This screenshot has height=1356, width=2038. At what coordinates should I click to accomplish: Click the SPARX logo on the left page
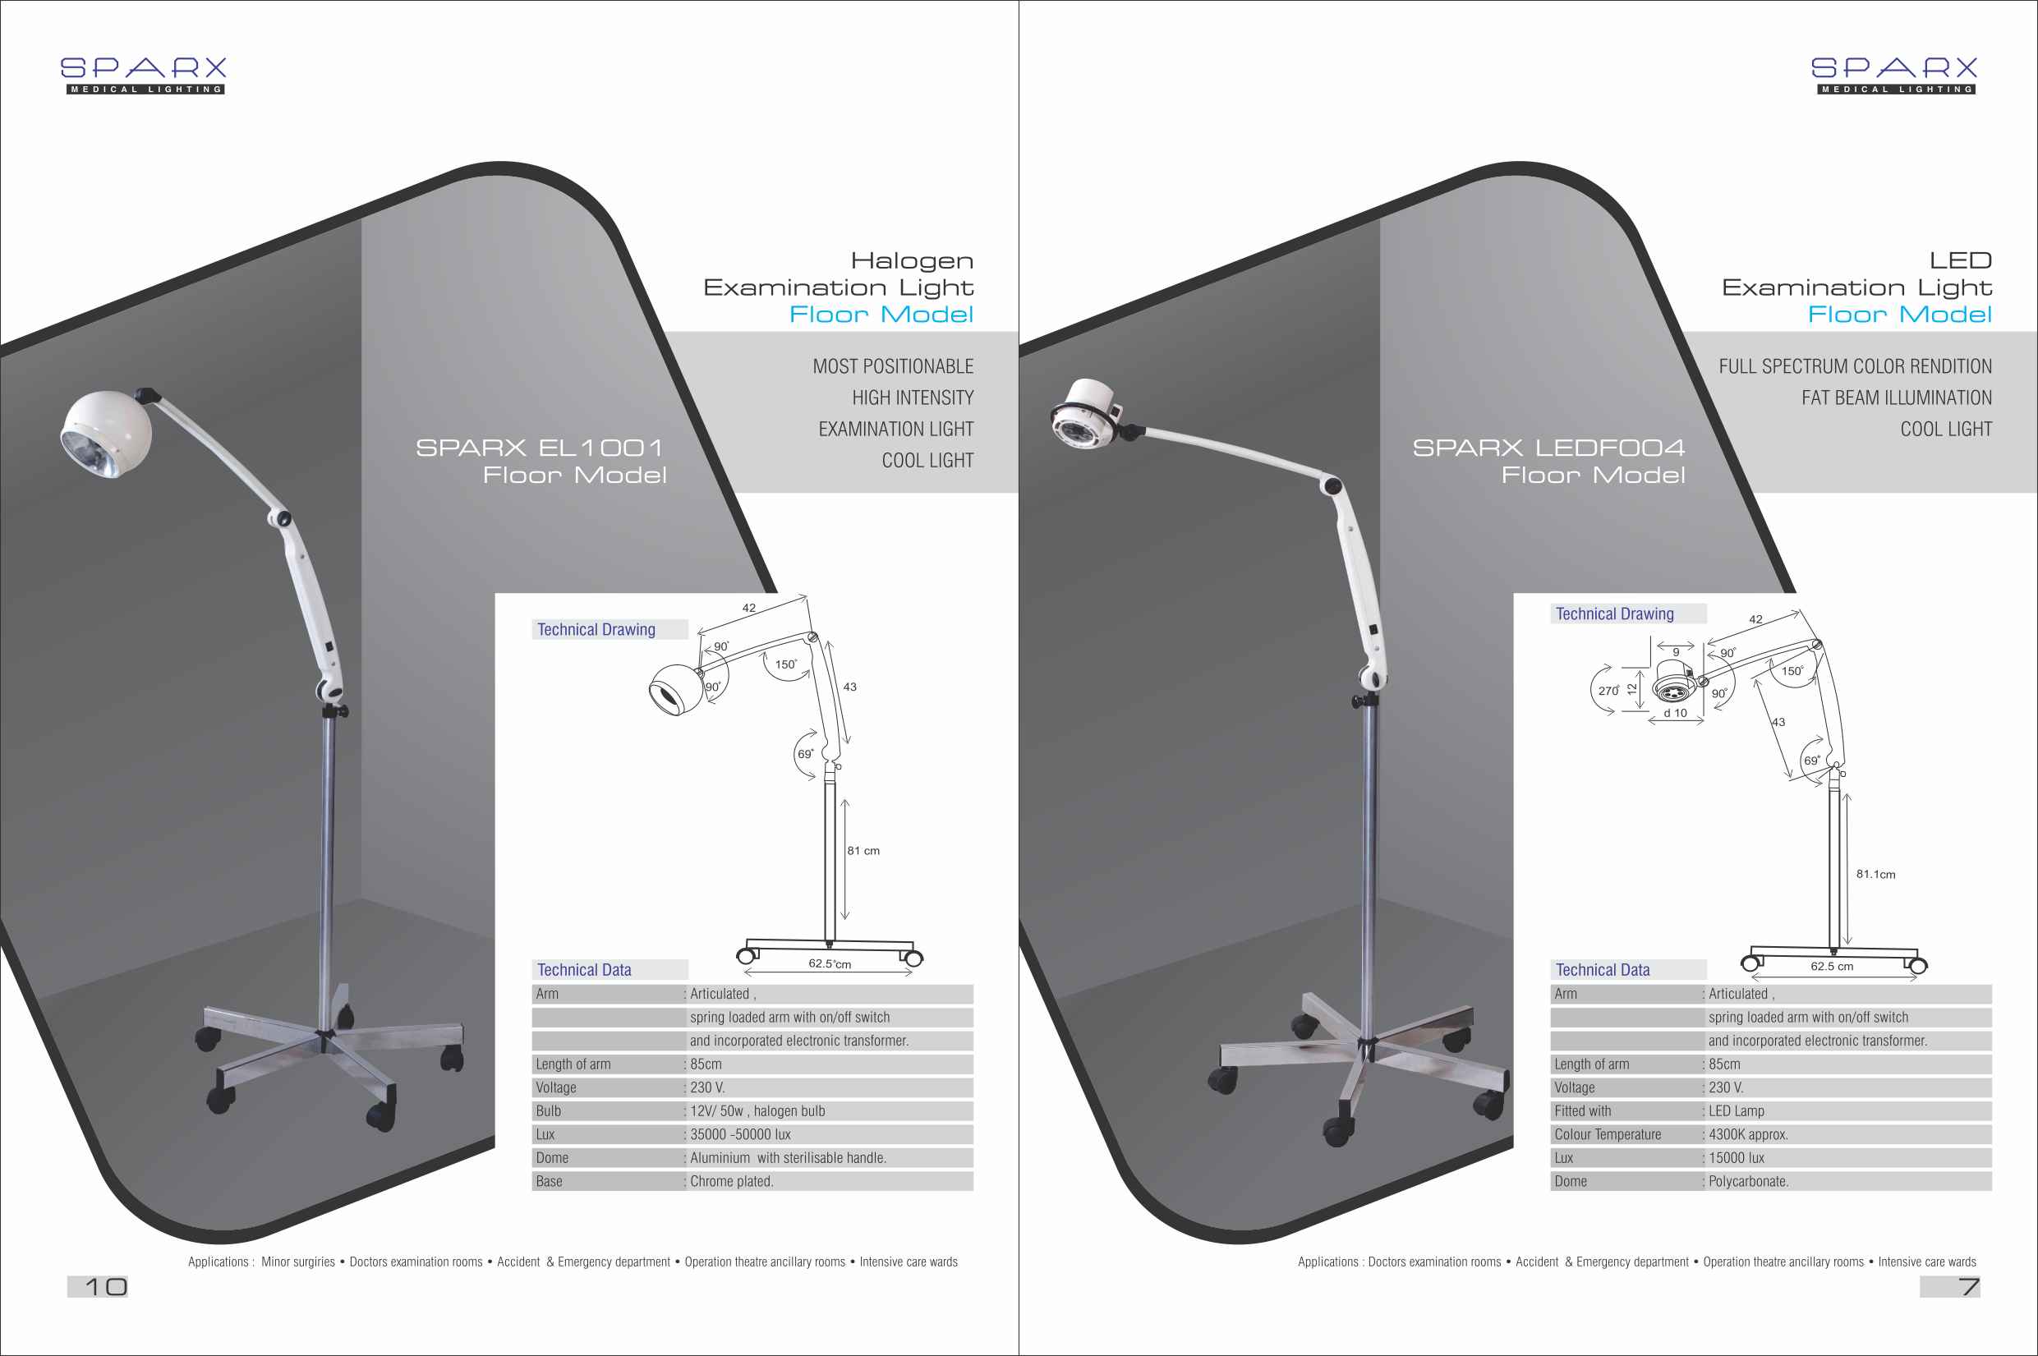coord(144,76)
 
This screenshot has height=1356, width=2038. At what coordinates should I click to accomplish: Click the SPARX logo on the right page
coord(1894,76)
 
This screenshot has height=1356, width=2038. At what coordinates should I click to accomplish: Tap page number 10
coord(105,1287)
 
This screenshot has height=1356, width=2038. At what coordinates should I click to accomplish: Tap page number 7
coord(1970,1287)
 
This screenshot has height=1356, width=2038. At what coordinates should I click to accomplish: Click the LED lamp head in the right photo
coord(1088,415)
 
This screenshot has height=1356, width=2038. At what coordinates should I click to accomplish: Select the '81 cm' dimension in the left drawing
coord(863,851)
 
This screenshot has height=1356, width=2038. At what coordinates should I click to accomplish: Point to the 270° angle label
coord(1608,691)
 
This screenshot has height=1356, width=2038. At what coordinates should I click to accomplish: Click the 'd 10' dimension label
coord(1675,714)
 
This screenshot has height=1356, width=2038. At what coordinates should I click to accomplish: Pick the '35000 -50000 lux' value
coord(740,1134)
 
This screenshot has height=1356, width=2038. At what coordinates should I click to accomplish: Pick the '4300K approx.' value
coord(1748,1134)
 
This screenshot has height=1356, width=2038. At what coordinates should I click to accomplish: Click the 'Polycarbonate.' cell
coord(1748,1181)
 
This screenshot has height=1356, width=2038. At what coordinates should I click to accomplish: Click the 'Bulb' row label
coord(548,1111)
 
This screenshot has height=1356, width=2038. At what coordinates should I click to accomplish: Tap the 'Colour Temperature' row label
coord(1608,1134)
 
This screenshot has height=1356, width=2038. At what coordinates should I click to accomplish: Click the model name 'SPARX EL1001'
coord(540,448)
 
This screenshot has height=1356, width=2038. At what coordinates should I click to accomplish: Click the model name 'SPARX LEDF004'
coord(1548,448)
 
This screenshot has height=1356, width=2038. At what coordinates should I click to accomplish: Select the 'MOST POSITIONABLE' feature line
coord(893,366)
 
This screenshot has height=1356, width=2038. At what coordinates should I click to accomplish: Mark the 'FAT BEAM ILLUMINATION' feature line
coord(1897,398)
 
